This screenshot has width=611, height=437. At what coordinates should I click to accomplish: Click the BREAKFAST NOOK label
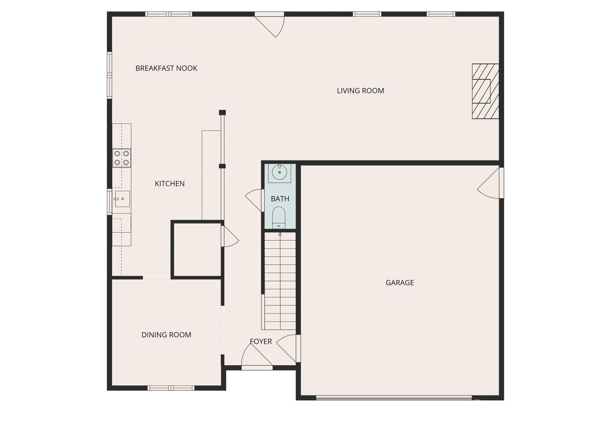pyautogui.click(x=166, y=68)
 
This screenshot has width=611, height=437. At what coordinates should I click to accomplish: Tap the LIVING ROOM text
pyautogui.click(x=360, y=91)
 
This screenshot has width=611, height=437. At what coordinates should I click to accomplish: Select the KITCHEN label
pyautogui.click(x=169, y=184)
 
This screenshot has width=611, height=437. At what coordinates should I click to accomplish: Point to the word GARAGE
pyautogui.click(x=399, y=283)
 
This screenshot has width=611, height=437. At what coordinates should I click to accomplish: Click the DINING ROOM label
pyautogui.click(x=166, y=335)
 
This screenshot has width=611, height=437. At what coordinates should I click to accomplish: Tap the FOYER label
pyautogui.click(x=261, y=341)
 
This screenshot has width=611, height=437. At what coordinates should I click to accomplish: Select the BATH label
pyautogui.click(x=280, y=199)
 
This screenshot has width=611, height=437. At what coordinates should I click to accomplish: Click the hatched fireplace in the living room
pyautogui.click(x=485, y=91)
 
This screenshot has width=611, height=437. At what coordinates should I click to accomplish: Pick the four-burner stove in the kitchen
pyautogui.click(x=122, y=158)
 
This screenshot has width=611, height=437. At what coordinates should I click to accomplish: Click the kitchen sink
pyautogui.click(x=122, y=199)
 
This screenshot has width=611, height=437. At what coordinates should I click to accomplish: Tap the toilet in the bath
pyautogui.click(x=279, y=217)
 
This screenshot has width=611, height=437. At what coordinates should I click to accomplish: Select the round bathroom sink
pyautogui.click(x=280, y=173)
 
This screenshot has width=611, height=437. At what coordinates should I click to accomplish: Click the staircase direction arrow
pyautogui.click(x=280, y=235)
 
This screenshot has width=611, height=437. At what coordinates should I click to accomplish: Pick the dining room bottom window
pyautogui.click(x=171, y=388)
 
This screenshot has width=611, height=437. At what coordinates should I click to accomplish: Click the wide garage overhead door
pyautogui.click(x=394, y=398)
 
